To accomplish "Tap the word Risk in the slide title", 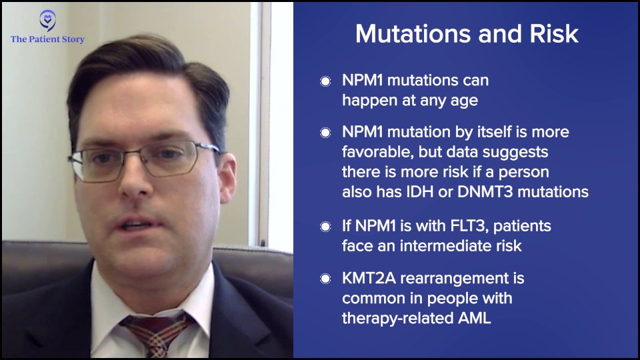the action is (x=554, y=33).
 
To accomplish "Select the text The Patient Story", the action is (x=48, y=39).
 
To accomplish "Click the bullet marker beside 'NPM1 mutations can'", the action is (x=325, y=81).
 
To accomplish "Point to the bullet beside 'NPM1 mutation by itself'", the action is (x=325, y=133).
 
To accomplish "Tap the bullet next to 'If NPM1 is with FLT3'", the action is (x=325, y=227).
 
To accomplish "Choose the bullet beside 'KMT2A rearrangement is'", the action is (x=325, y=279).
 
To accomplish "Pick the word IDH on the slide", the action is (x=419, y=192).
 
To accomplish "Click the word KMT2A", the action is (x=369, y=279).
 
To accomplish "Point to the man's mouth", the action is (x=135, y=225).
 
